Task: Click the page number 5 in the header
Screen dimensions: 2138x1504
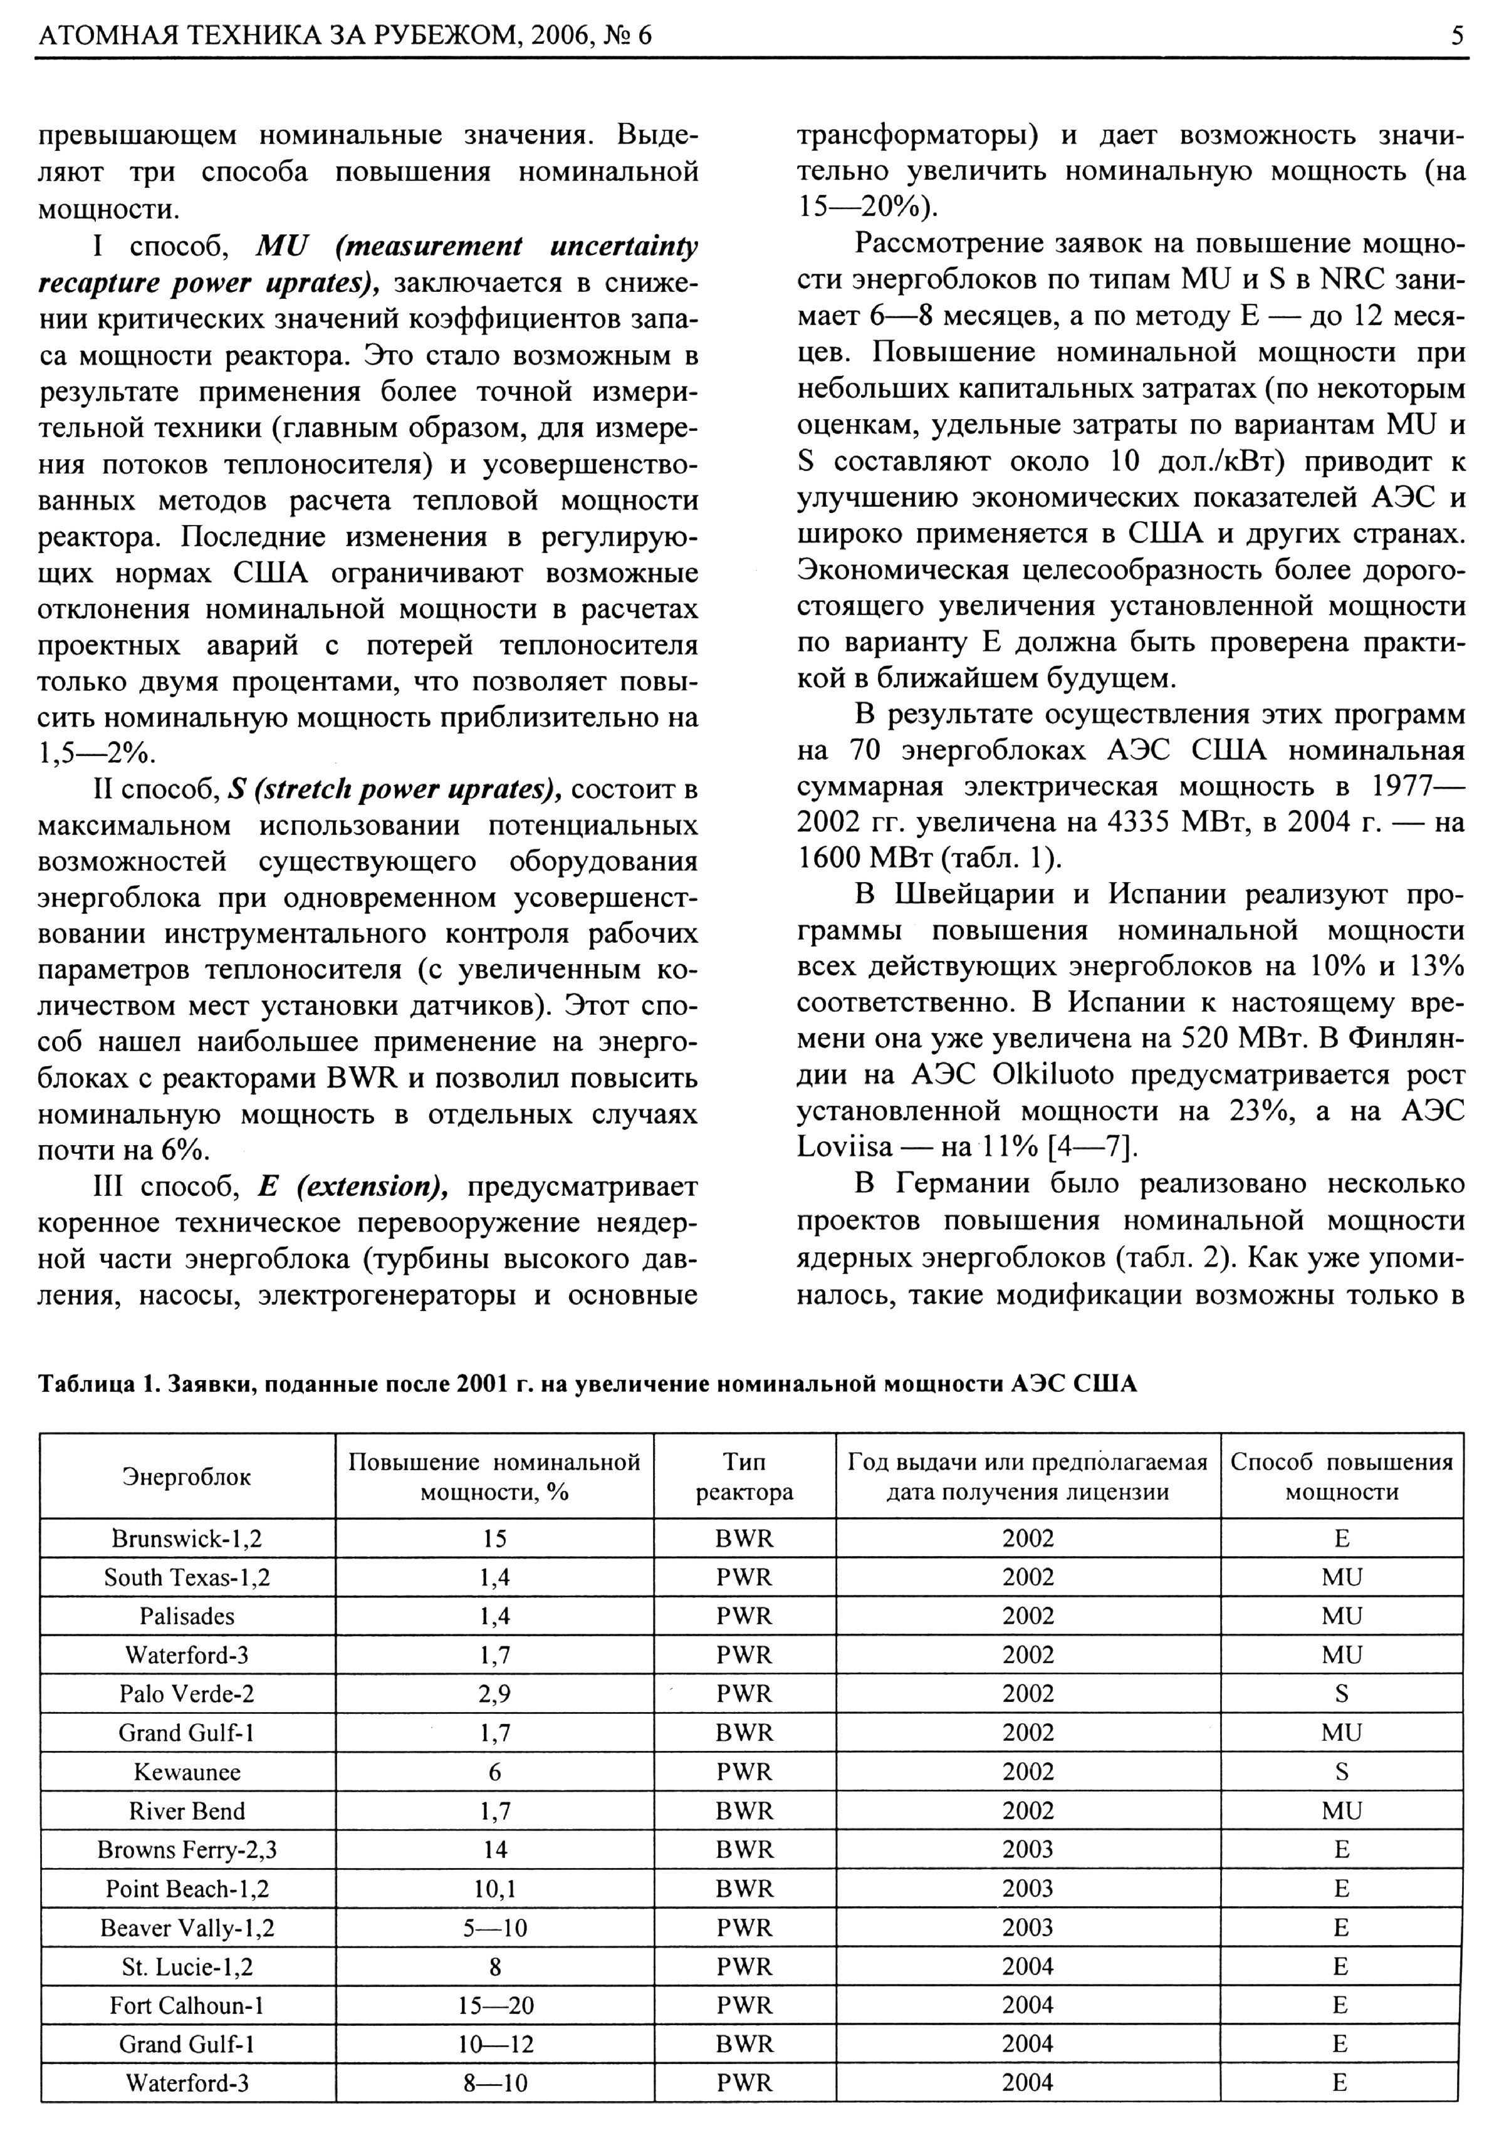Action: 1456,37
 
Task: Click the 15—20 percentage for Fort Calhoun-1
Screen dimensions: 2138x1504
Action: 494,2005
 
